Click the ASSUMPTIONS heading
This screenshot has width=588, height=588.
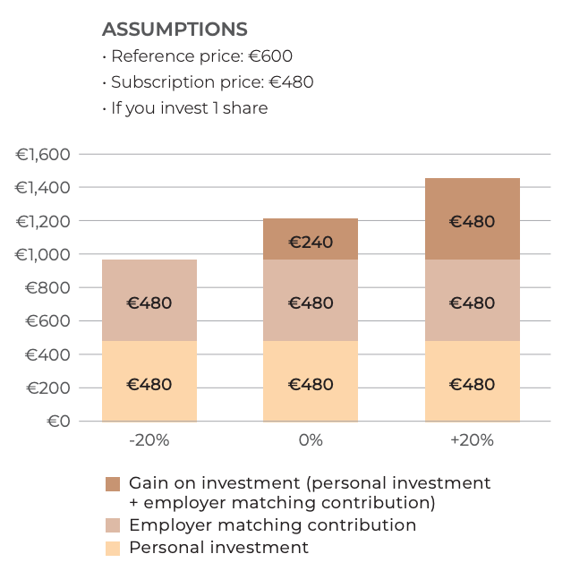coord(175,30)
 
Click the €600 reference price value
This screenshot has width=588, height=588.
coord(270,56)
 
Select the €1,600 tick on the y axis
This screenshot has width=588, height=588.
coord(43,155)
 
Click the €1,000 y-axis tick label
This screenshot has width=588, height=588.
coord(43,255)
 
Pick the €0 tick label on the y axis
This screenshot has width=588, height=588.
coord(58,422)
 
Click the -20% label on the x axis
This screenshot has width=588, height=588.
coord(149,440)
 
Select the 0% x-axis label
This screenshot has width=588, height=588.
coord(311,440)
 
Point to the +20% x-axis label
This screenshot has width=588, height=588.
coord(472,440)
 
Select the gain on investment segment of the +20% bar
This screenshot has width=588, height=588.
coord(472,219)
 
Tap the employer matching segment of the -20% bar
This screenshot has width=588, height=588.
coord(149,301)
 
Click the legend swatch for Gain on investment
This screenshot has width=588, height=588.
coord(113,484)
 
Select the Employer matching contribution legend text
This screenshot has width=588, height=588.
coord(272,525)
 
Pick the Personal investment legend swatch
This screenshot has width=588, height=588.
coord(113,549)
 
